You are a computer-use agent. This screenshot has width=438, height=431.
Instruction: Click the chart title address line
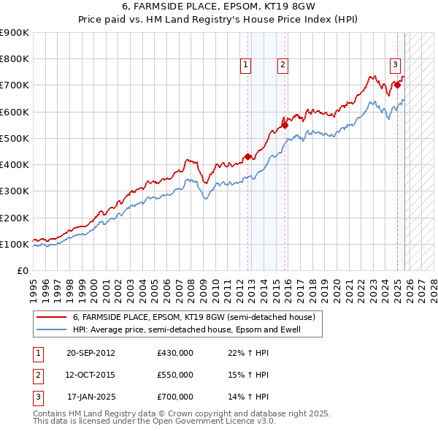coord(218,6)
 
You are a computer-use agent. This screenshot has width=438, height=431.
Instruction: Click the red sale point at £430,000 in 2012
coord(248,156)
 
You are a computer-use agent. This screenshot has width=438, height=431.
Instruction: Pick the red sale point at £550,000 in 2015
coord(285,125)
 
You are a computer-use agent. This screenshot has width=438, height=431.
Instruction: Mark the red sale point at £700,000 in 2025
coord(398,85)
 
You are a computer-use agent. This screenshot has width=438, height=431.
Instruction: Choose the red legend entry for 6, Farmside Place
coord(193,318)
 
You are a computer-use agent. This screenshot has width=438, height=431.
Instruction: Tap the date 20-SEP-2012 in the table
coord(91,353)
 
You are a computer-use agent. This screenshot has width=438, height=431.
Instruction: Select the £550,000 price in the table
coord(174,375)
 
